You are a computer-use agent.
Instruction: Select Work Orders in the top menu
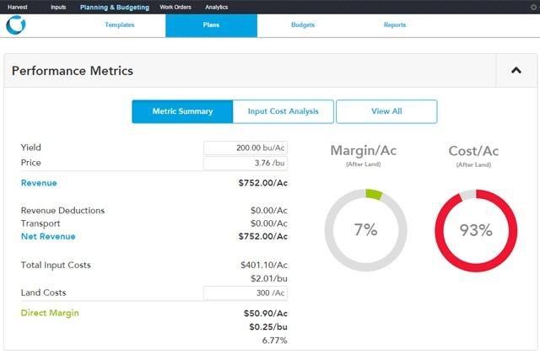click(175, 7)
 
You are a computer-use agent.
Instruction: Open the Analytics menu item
click(216, 7)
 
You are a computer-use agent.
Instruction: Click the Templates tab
click(119, 25)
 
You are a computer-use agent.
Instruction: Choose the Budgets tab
click(302, 25)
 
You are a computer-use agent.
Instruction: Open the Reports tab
click(394, 25)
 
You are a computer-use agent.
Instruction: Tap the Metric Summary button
click(182, 111)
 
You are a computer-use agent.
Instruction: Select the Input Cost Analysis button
click(283, 111)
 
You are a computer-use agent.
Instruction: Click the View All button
click(386, 111)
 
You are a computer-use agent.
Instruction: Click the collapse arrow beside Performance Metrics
click(516, 71)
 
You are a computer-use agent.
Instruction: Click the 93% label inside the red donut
click(475, 230)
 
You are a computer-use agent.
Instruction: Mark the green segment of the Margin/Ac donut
click(374, 195)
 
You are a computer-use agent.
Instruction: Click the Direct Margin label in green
click(50, 313)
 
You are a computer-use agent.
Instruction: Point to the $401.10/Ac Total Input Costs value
click(264, 265)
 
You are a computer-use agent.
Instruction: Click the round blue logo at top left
click(15, 25)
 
